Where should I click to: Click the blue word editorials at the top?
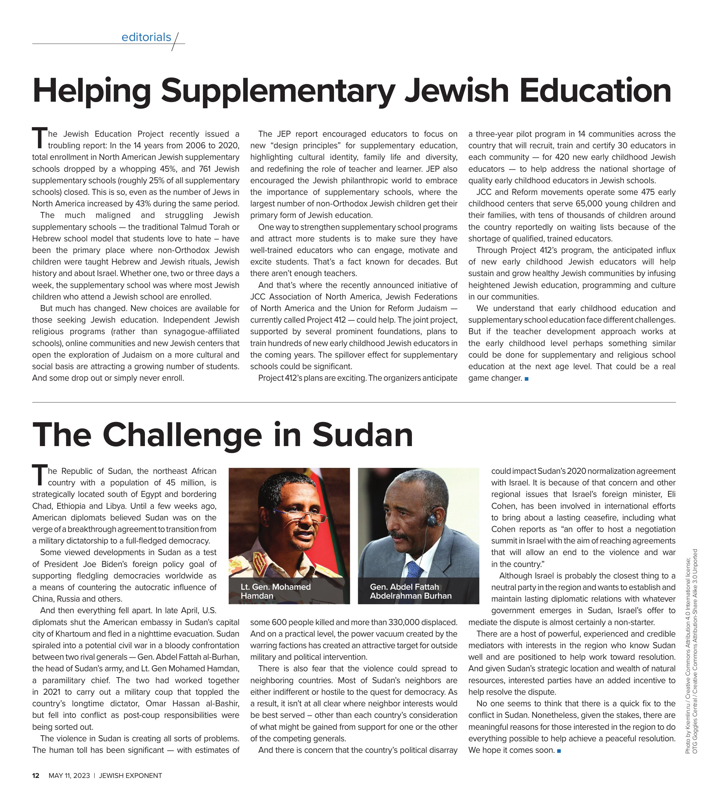click(x=146, y=37)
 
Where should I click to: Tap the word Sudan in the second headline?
click(x=363, y=435)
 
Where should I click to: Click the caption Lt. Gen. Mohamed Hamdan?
click(x=275, y=591)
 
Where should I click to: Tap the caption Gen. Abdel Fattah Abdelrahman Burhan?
click(x=410, y=591)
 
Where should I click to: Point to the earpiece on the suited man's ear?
click(x=432, y=521)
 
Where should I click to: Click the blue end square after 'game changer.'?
click(x=526, y=379)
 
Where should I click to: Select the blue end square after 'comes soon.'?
click(x=559, y=751)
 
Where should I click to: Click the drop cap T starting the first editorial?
click(x=39, y=137)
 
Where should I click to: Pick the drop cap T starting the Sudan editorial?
click(x=39, y=475)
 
